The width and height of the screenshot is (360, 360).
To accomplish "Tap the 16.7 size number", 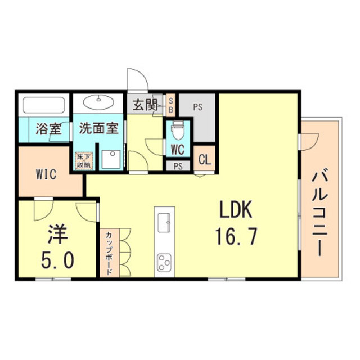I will (x=236, y=236).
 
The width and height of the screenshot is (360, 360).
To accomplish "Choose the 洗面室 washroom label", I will (x=98, y=128).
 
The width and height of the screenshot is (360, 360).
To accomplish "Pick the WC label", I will (x=178, y=150).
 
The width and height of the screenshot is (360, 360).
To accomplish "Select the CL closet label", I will (x=205, y=159).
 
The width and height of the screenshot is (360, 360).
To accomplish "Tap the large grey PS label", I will (x=197, y=105).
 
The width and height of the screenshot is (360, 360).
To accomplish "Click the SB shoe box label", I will (x=172, y=105).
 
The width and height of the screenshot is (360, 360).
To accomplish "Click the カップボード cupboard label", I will (x=108, y=252).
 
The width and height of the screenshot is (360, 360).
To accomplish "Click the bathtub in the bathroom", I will (x=43, y=106).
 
